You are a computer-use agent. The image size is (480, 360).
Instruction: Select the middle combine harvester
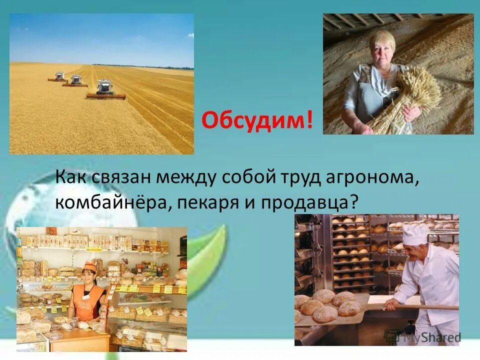[x=75, y=80]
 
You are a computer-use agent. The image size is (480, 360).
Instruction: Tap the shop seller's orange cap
[x=90, y=265]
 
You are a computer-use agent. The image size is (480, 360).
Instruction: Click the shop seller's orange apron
[x=87, y=302]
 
